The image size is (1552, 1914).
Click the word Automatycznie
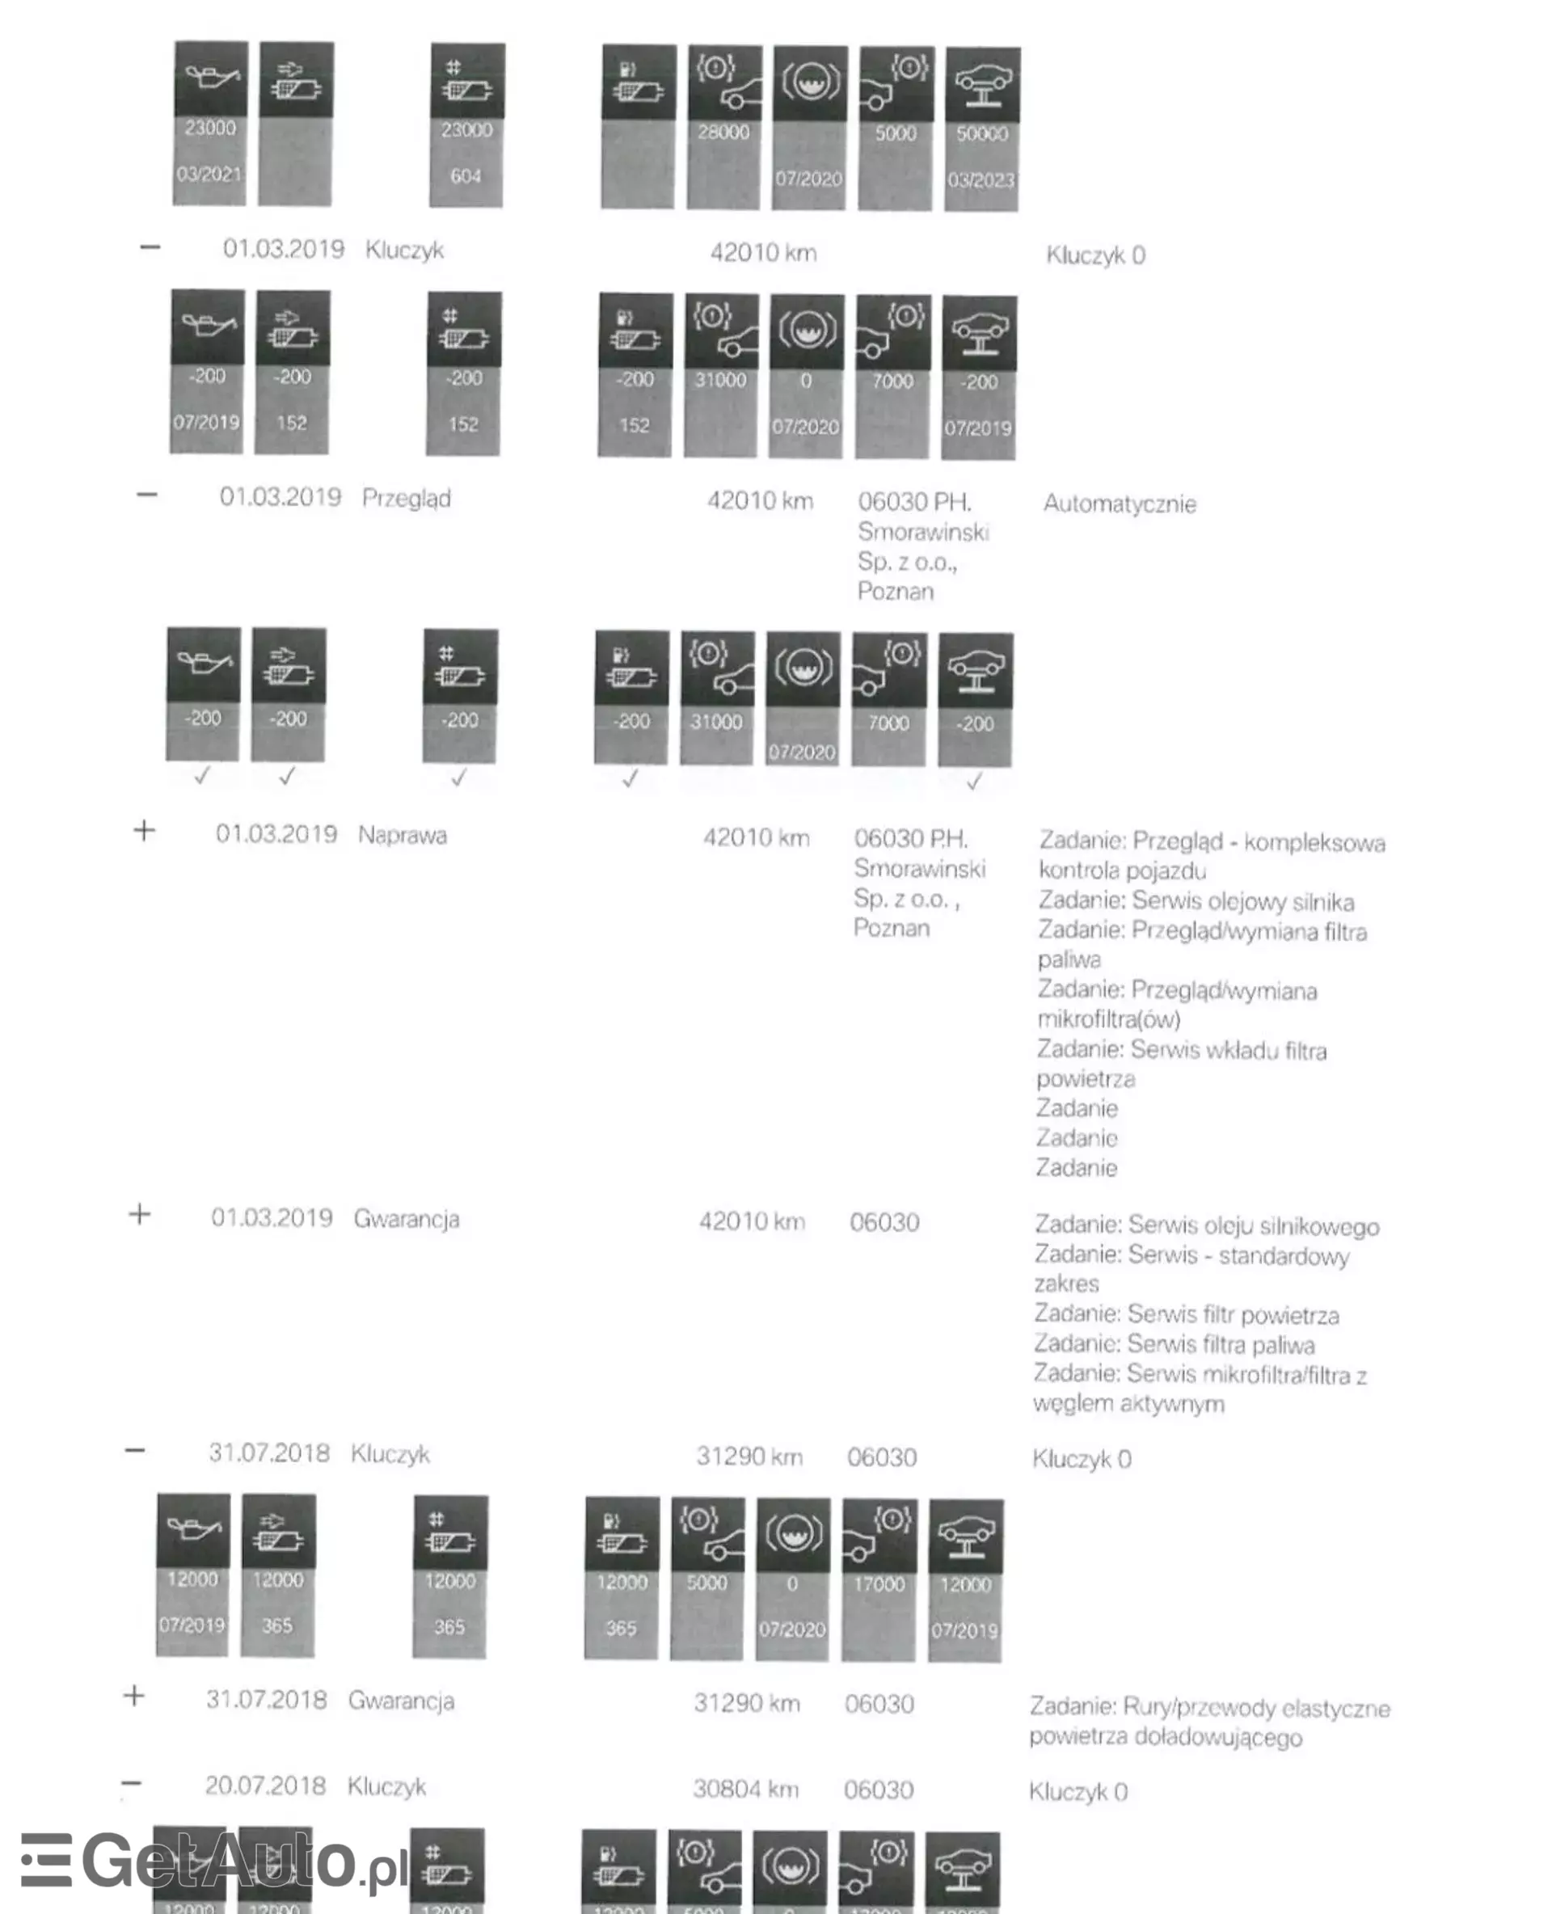(1120, 504)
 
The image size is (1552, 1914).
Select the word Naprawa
(403, 835)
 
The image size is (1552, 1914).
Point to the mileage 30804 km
(745, 1789)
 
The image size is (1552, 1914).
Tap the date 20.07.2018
(264, 1785)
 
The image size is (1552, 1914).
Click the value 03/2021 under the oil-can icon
(209, 175)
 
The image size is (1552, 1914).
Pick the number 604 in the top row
(466, 176)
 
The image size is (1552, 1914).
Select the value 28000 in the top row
(723, 133)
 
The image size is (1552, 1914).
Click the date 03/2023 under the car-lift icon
(981, 180)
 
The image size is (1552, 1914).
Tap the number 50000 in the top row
(981, 134)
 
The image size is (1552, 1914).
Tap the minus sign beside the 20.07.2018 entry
(132, 1784)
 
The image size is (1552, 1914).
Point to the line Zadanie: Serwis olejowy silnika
(1196, 901)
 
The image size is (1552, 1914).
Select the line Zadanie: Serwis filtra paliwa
(1174, 1344)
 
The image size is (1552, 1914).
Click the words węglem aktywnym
(1128, 1403)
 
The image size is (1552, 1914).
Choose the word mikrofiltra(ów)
(1108, 1019)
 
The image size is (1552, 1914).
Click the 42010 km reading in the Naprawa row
(757, 837)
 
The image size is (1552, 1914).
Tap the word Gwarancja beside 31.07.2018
(402, 1701)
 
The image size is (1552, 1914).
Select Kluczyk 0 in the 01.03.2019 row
(1095, 255)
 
